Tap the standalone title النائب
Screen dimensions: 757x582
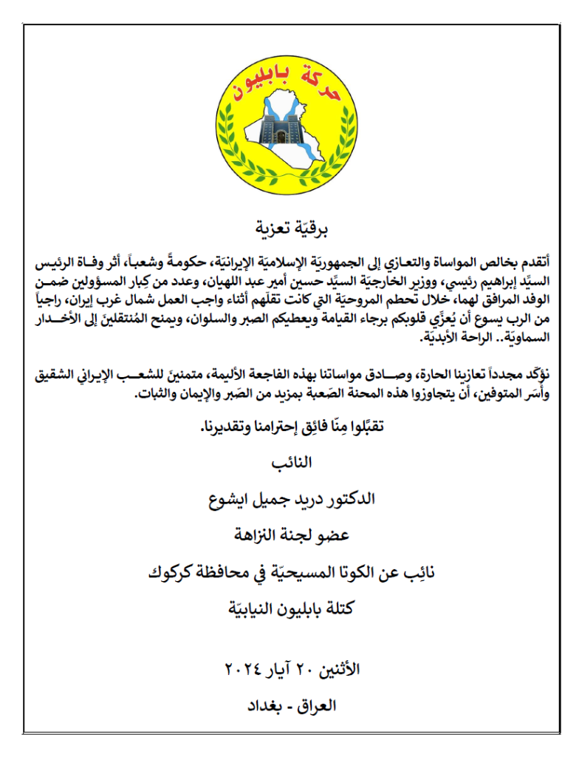pyautogui.click(x=292, y=464)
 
